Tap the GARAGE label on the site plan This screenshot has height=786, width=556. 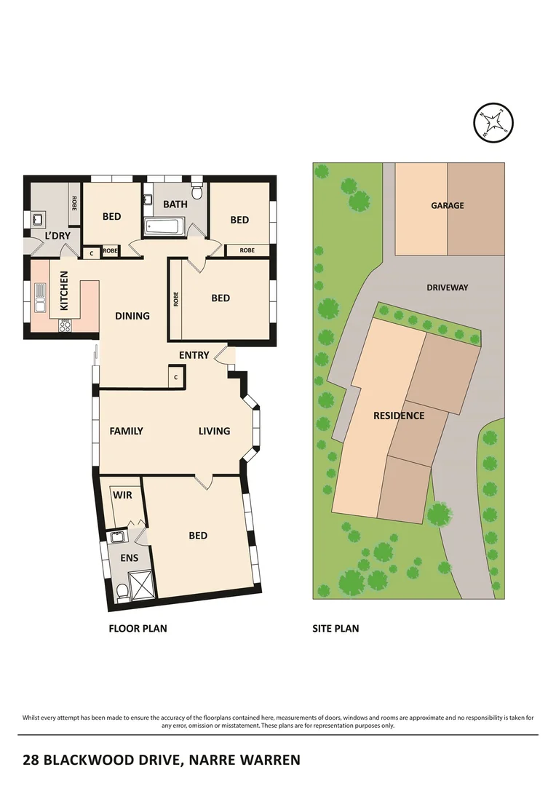447,206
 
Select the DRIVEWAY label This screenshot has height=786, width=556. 447,287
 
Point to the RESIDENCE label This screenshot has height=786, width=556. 398,416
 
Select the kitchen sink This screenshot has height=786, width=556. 41,296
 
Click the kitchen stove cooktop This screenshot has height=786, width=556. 64,326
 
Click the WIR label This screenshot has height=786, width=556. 123,495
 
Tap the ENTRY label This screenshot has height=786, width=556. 194,355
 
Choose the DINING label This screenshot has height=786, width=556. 132,316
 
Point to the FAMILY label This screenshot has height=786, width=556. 126,431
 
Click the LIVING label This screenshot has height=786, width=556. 214,431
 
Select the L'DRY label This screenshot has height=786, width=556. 57,236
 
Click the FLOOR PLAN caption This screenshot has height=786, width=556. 138,628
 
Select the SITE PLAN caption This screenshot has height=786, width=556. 335,628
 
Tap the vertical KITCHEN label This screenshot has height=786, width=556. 64,291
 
